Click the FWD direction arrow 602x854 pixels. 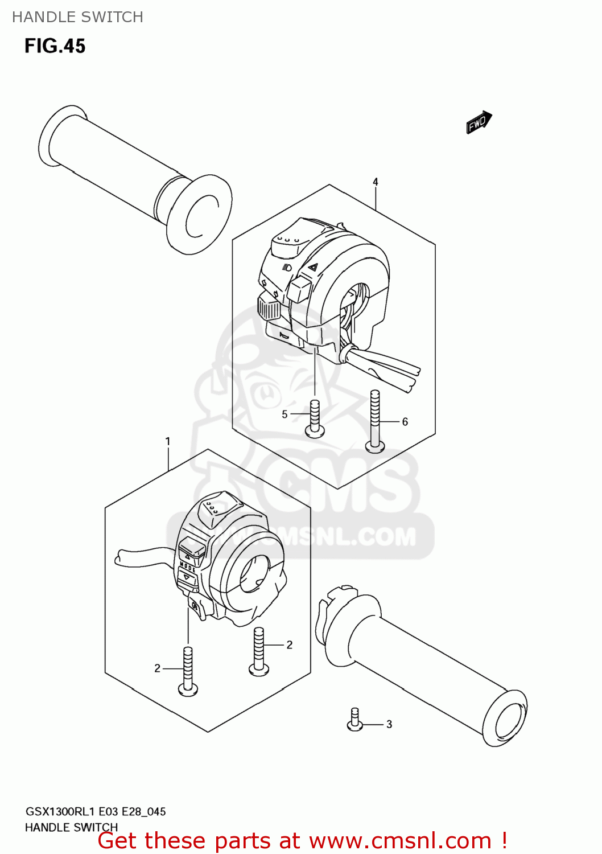point(479,122)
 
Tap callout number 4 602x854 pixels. point(376,182)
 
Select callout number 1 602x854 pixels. point(167,441)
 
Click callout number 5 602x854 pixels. point(284,414)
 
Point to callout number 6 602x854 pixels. point(405,422)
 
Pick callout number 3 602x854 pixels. point(389,724)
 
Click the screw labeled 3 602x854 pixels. point(354,719)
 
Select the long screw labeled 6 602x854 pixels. point(375,422)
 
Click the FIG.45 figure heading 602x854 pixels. point(55,46)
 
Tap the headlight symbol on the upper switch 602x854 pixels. point(287,268)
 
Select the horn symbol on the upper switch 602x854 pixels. point(284,335)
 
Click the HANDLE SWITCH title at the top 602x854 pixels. point(78,17)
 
